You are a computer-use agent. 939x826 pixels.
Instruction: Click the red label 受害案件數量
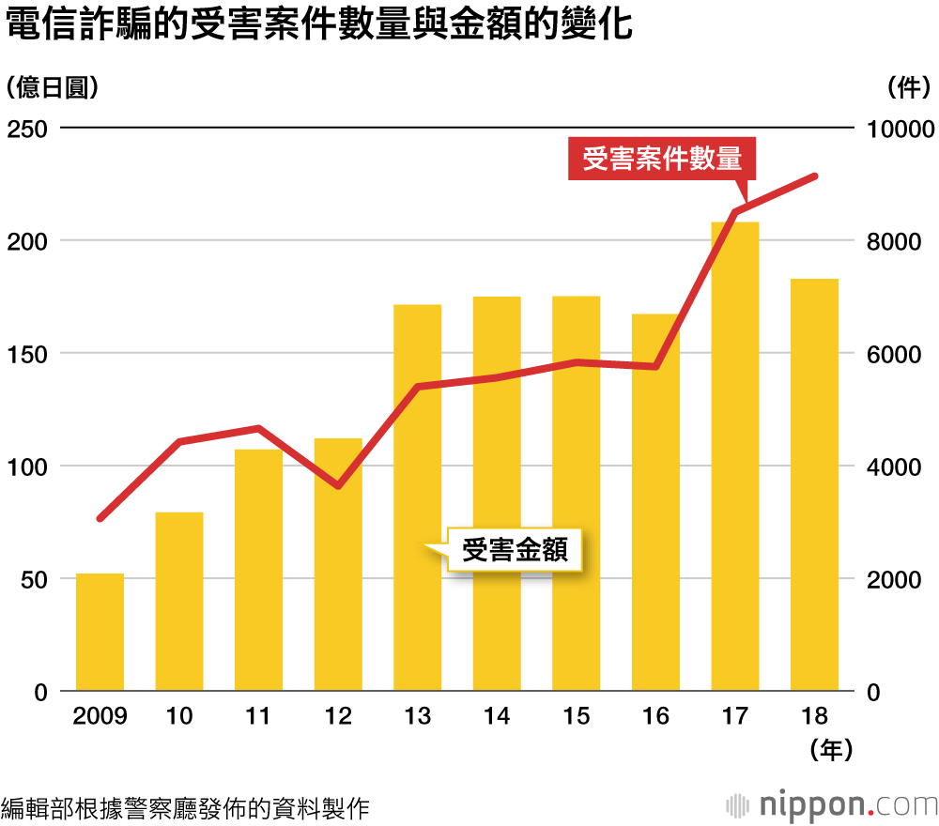(662, 159)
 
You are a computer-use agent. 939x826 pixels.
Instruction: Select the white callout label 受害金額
(516, 549)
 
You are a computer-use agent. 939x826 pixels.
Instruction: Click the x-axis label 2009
(100, 716)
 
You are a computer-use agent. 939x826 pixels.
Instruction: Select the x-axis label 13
(417, 716)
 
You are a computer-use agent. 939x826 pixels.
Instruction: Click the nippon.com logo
(832, 804)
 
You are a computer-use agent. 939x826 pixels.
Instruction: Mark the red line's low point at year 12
(338, 485)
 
